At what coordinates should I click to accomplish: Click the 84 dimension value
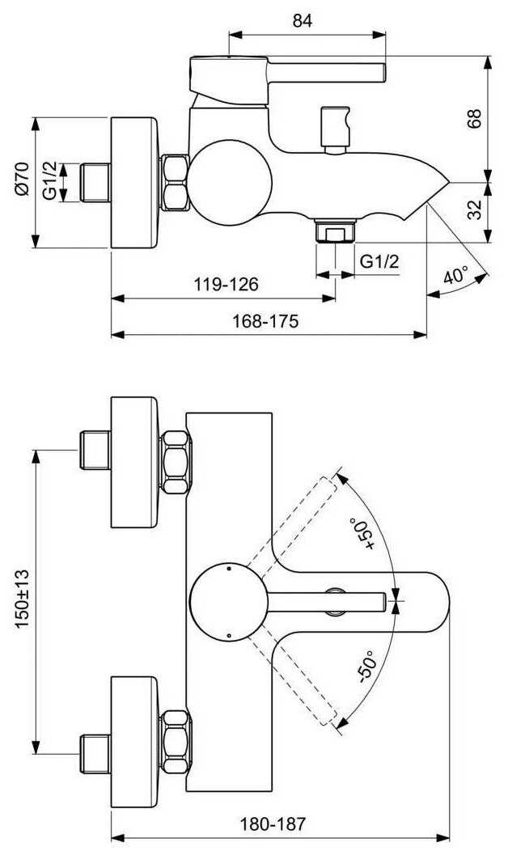[x=303, y=20]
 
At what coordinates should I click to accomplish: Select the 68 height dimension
[x=474, y=118]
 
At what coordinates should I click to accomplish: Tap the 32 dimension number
[x=474, y=210]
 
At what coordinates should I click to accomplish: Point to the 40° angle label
[x=455, y=275]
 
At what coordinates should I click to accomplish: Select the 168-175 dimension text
[x=265, y=321]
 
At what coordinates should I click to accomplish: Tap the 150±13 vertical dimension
[x=23, y=599]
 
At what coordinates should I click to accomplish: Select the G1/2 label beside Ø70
[x=50, y=182]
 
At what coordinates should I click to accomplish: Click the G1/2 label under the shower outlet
[x=379, y=261]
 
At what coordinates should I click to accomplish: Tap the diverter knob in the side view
[x=334, y=129]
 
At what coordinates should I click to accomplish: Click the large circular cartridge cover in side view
[x=230, y=182]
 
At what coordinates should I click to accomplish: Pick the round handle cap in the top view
[x=228, y=602]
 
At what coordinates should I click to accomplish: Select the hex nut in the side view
[x=175, y=182]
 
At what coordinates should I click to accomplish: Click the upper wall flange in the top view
[x=134, y=462]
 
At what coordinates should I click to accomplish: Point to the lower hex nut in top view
[x=176, y=741]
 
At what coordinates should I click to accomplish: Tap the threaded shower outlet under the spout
[x=335, y=231]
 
